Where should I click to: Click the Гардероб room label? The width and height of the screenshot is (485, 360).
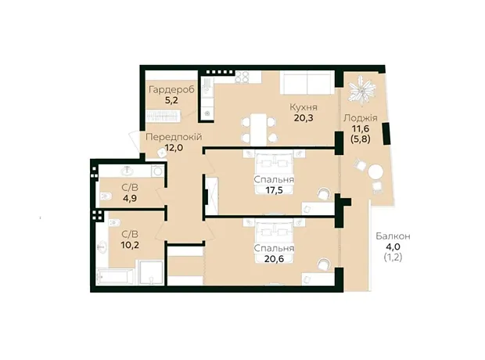(171, 90)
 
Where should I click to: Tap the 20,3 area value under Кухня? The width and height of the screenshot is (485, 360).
(304, 117)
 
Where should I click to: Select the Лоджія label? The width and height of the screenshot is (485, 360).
(361, 117)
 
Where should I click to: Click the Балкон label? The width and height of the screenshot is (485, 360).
(393, 236)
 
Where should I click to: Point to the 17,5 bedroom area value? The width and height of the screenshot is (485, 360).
(274, 189)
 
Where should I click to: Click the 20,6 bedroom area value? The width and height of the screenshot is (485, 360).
(274, 258)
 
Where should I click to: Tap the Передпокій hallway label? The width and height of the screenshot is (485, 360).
(174, 137)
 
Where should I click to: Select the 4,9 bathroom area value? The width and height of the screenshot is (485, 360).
(130, 198)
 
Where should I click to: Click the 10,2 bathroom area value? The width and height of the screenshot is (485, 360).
(130, 245)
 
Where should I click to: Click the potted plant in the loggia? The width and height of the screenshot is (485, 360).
(361, 88)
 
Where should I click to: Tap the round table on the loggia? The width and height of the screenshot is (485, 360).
(375, 172)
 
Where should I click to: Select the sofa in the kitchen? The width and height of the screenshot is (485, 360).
(307, 82)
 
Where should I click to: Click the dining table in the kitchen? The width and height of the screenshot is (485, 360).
(259, 130)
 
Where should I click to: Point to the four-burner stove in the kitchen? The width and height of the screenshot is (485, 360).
(242, 77)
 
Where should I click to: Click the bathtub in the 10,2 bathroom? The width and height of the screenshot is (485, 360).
(115, 276)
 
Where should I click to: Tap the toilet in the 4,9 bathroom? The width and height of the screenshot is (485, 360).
(106, 196)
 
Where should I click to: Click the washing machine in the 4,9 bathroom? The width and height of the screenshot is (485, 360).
(157, 171)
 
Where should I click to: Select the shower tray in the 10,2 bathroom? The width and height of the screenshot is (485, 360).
(151, 272)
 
